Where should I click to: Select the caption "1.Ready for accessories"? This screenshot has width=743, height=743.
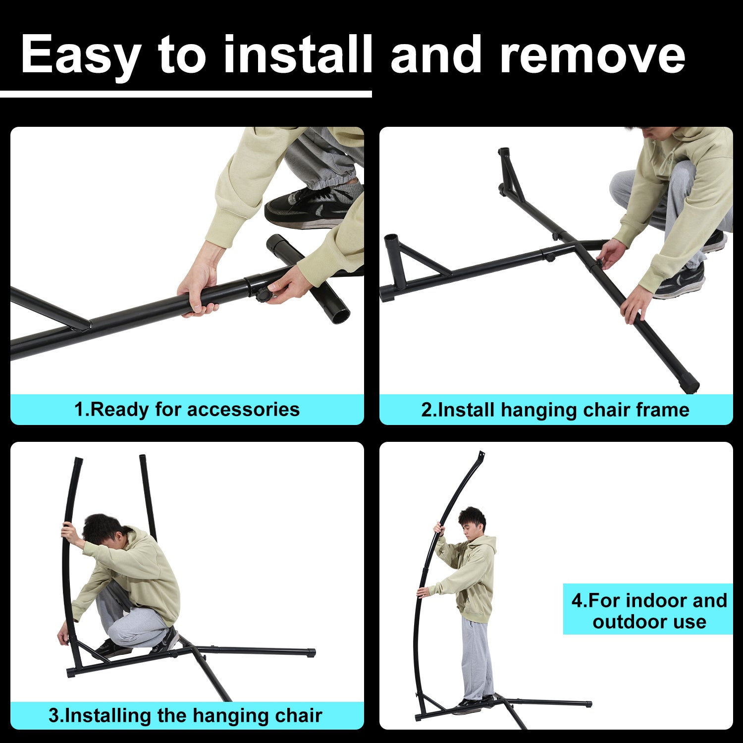click(187, 410)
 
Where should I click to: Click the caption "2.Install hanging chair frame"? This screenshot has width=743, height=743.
click(555, 410)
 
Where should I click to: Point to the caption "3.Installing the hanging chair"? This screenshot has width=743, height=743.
click(185, 716)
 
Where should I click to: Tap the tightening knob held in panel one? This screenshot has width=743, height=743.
click(262, 295)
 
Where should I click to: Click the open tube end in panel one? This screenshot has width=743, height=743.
click(339, 315)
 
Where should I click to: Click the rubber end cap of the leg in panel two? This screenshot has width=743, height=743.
click(689, 386)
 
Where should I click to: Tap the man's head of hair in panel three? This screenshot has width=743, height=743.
click(102, 528)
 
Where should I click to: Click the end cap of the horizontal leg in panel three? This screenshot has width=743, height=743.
click(311, 653)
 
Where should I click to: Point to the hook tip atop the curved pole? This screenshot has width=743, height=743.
click(481, 454)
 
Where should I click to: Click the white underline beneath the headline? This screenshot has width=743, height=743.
click(186, 94)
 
